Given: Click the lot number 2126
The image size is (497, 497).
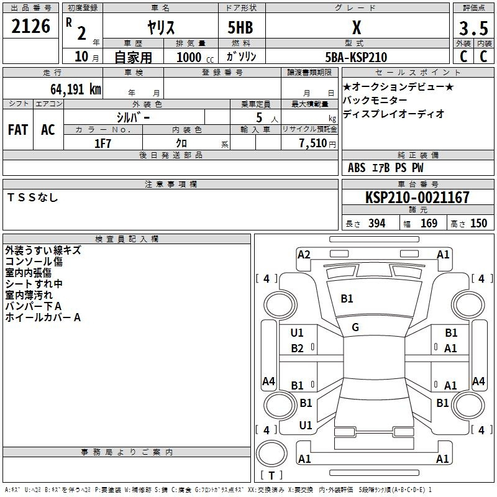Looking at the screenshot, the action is tap(31, 27).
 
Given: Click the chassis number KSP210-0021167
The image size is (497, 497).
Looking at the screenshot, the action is tap(417, 198).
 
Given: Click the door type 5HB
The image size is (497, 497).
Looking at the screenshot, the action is tap(240, 28).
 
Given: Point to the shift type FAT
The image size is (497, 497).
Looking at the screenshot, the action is tap(18, 130).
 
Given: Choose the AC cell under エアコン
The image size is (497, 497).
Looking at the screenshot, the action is tap(48, 130).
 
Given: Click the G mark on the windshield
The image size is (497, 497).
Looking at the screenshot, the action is tap(355, 327).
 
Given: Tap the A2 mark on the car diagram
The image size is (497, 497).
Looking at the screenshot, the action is tap(304, 254).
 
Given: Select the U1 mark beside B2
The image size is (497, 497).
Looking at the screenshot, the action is tap(297, 333).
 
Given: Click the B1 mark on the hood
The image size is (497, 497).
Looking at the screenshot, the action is tap(347, 299).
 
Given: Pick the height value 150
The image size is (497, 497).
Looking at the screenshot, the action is tap(478, 224).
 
